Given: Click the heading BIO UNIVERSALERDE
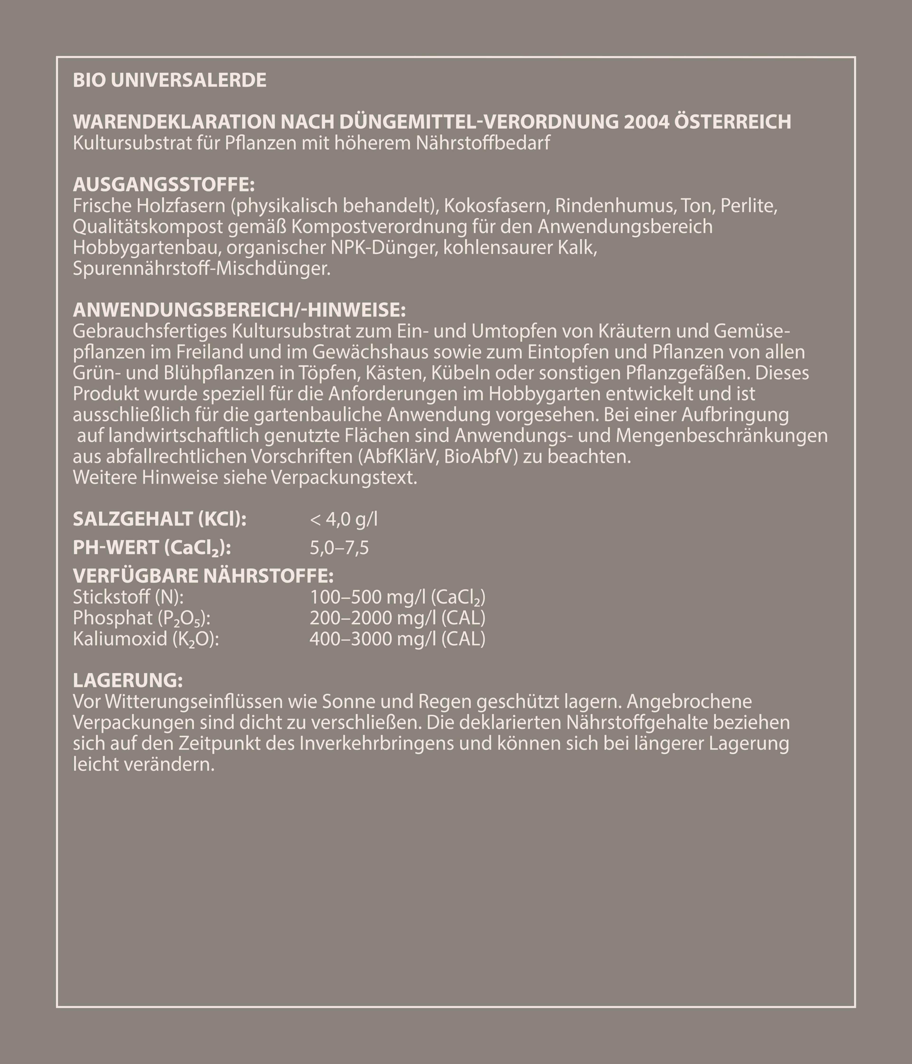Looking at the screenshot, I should tap(170, 80).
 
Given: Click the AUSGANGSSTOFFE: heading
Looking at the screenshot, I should tap(164, 184).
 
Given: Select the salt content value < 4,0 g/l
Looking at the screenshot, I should tap(343, 520).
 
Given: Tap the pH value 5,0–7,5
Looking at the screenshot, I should tap(339, 548).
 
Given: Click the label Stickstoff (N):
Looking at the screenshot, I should tap(128, 597).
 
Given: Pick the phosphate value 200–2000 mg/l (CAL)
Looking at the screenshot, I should tap(397, 618).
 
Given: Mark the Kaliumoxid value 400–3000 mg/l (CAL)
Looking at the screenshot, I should tap(397, 639).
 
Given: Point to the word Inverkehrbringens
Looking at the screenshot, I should tap(377, 743).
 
